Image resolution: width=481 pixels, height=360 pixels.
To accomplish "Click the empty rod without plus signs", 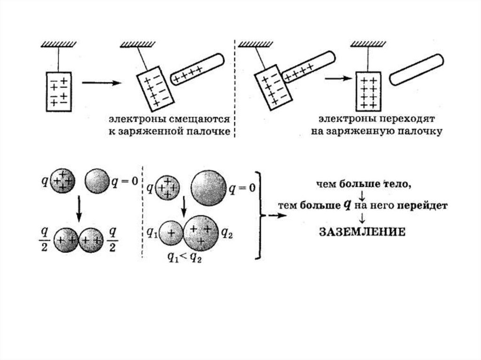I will [x=417, y=69].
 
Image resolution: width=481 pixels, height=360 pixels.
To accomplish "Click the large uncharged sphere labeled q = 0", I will [x=208, y=187].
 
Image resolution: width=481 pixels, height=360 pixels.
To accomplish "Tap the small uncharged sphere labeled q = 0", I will [x=98, y=180].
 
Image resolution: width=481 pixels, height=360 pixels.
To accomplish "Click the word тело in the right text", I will [x=397, y=184].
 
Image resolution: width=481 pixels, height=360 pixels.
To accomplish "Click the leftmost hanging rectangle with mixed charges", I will [x=58, y=92].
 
